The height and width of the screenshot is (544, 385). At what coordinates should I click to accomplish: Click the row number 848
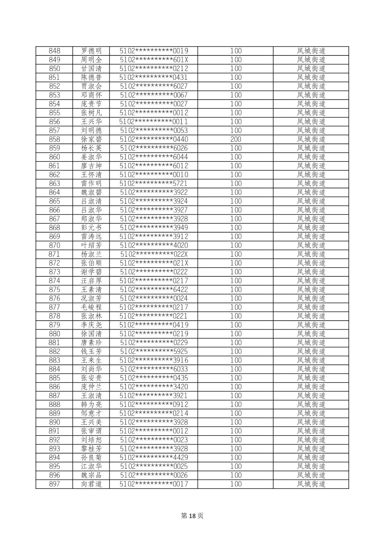click(x=54, y=51)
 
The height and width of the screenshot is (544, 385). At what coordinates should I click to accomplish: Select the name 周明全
click(x=91, y=60)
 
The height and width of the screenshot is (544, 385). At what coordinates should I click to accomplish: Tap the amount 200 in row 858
click(x=236, y=139)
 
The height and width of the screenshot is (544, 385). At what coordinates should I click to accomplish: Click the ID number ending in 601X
click(x=154, y=60)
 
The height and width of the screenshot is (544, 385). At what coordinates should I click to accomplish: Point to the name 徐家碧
click(x=91, y=139)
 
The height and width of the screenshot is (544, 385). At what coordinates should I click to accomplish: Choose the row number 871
click(x=54, y=254)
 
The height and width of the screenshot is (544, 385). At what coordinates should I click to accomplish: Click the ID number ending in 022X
click(x=154, y=254)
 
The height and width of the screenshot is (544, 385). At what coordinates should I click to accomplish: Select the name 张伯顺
click(x=91, y=263)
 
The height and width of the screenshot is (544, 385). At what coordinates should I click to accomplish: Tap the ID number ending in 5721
click(x=154, y=184)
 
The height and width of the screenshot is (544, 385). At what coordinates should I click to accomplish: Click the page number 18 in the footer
click(x=192, y=516)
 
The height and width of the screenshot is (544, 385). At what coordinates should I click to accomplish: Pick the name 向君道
click(x=91, y=484)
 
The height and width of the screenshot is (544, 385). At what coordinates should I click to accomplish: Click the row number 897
click(x=54, y=484)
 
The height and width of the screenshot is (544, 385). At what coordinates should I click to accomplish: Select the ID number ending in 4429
click(x=154, y=457)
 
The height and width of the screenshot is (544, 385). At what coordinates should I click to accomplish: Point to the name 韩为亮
click(x=91, y=404)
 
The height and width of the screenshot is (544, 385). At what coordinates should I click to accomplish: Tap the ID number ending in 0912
click(x=154, y=404)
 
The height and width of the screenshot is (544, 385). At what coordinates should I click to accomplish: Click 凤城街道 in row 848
click(x=311, y=51)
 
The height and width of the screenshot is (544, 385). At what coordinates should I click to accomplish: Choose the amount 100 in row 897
click(x=236, y=484)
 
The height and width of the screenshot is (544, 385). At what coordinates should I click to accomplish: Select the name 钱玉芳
click(x=91, y=351)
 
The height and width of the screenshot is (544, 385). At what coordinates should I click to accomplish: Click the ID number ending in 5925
click(x=154, y=351)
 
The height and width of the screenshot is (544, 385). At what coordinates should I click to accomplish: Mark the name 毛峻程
click(x=91, y=307)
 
